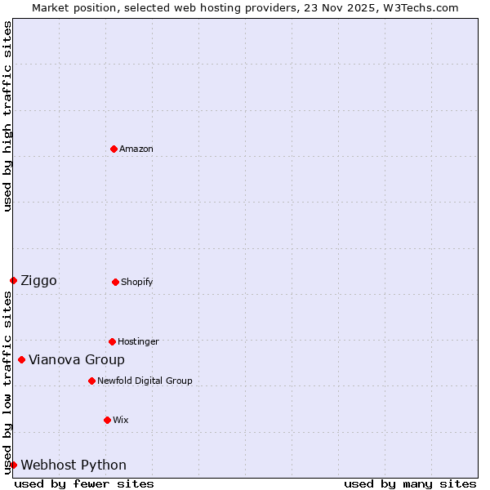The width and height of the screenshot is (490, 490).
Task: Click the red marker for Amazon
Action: [114, 149]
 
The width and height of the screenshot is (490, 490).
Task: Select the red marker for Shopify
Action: [115, 282]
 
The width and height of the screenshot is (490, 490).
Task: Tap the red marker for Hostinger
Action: [112, 341]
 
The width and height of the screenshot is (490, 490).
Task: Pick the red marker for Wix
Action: [107, 420]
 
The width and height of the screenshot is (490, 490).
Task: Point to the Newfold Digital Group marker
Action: [91, 381]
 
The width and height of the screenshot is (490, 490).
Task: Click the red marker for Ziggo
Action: [13, 280]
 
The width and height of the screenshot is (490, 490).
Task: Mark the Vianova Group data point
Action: [21, 359]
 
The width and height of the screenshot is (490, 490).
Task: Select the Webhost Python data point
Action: [13, 465]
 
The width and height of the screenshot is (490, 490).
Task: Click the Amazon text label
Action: [136, 149]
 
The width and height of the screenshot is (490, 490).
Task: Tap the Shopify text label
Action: [136, 282]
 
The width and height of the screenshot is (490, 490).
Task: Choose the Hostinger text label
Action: [138, 341]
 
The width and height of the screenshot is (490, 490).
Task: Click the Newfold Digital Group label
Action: [145, 381]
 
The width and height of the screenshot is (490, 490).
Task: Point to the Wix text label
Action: [120, 420]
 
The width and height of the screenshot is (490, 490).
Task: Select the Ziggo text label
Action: [38, 281]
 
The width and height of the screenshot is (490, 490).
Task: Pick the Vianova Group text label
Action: [77, 360]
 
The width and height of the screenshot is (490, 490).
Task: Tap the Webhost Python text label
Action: [73, 465]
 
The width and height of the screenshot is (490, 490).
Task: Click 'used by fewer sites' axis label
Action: [84, 483]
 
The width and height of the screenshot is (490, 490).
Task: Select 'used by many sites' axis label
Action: [410, 483]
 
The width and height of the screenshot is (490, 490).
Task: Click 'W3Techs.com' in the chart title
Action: [423, 7]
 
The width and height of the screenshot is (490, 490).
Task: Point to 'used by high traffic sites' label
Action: [7, 116]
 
